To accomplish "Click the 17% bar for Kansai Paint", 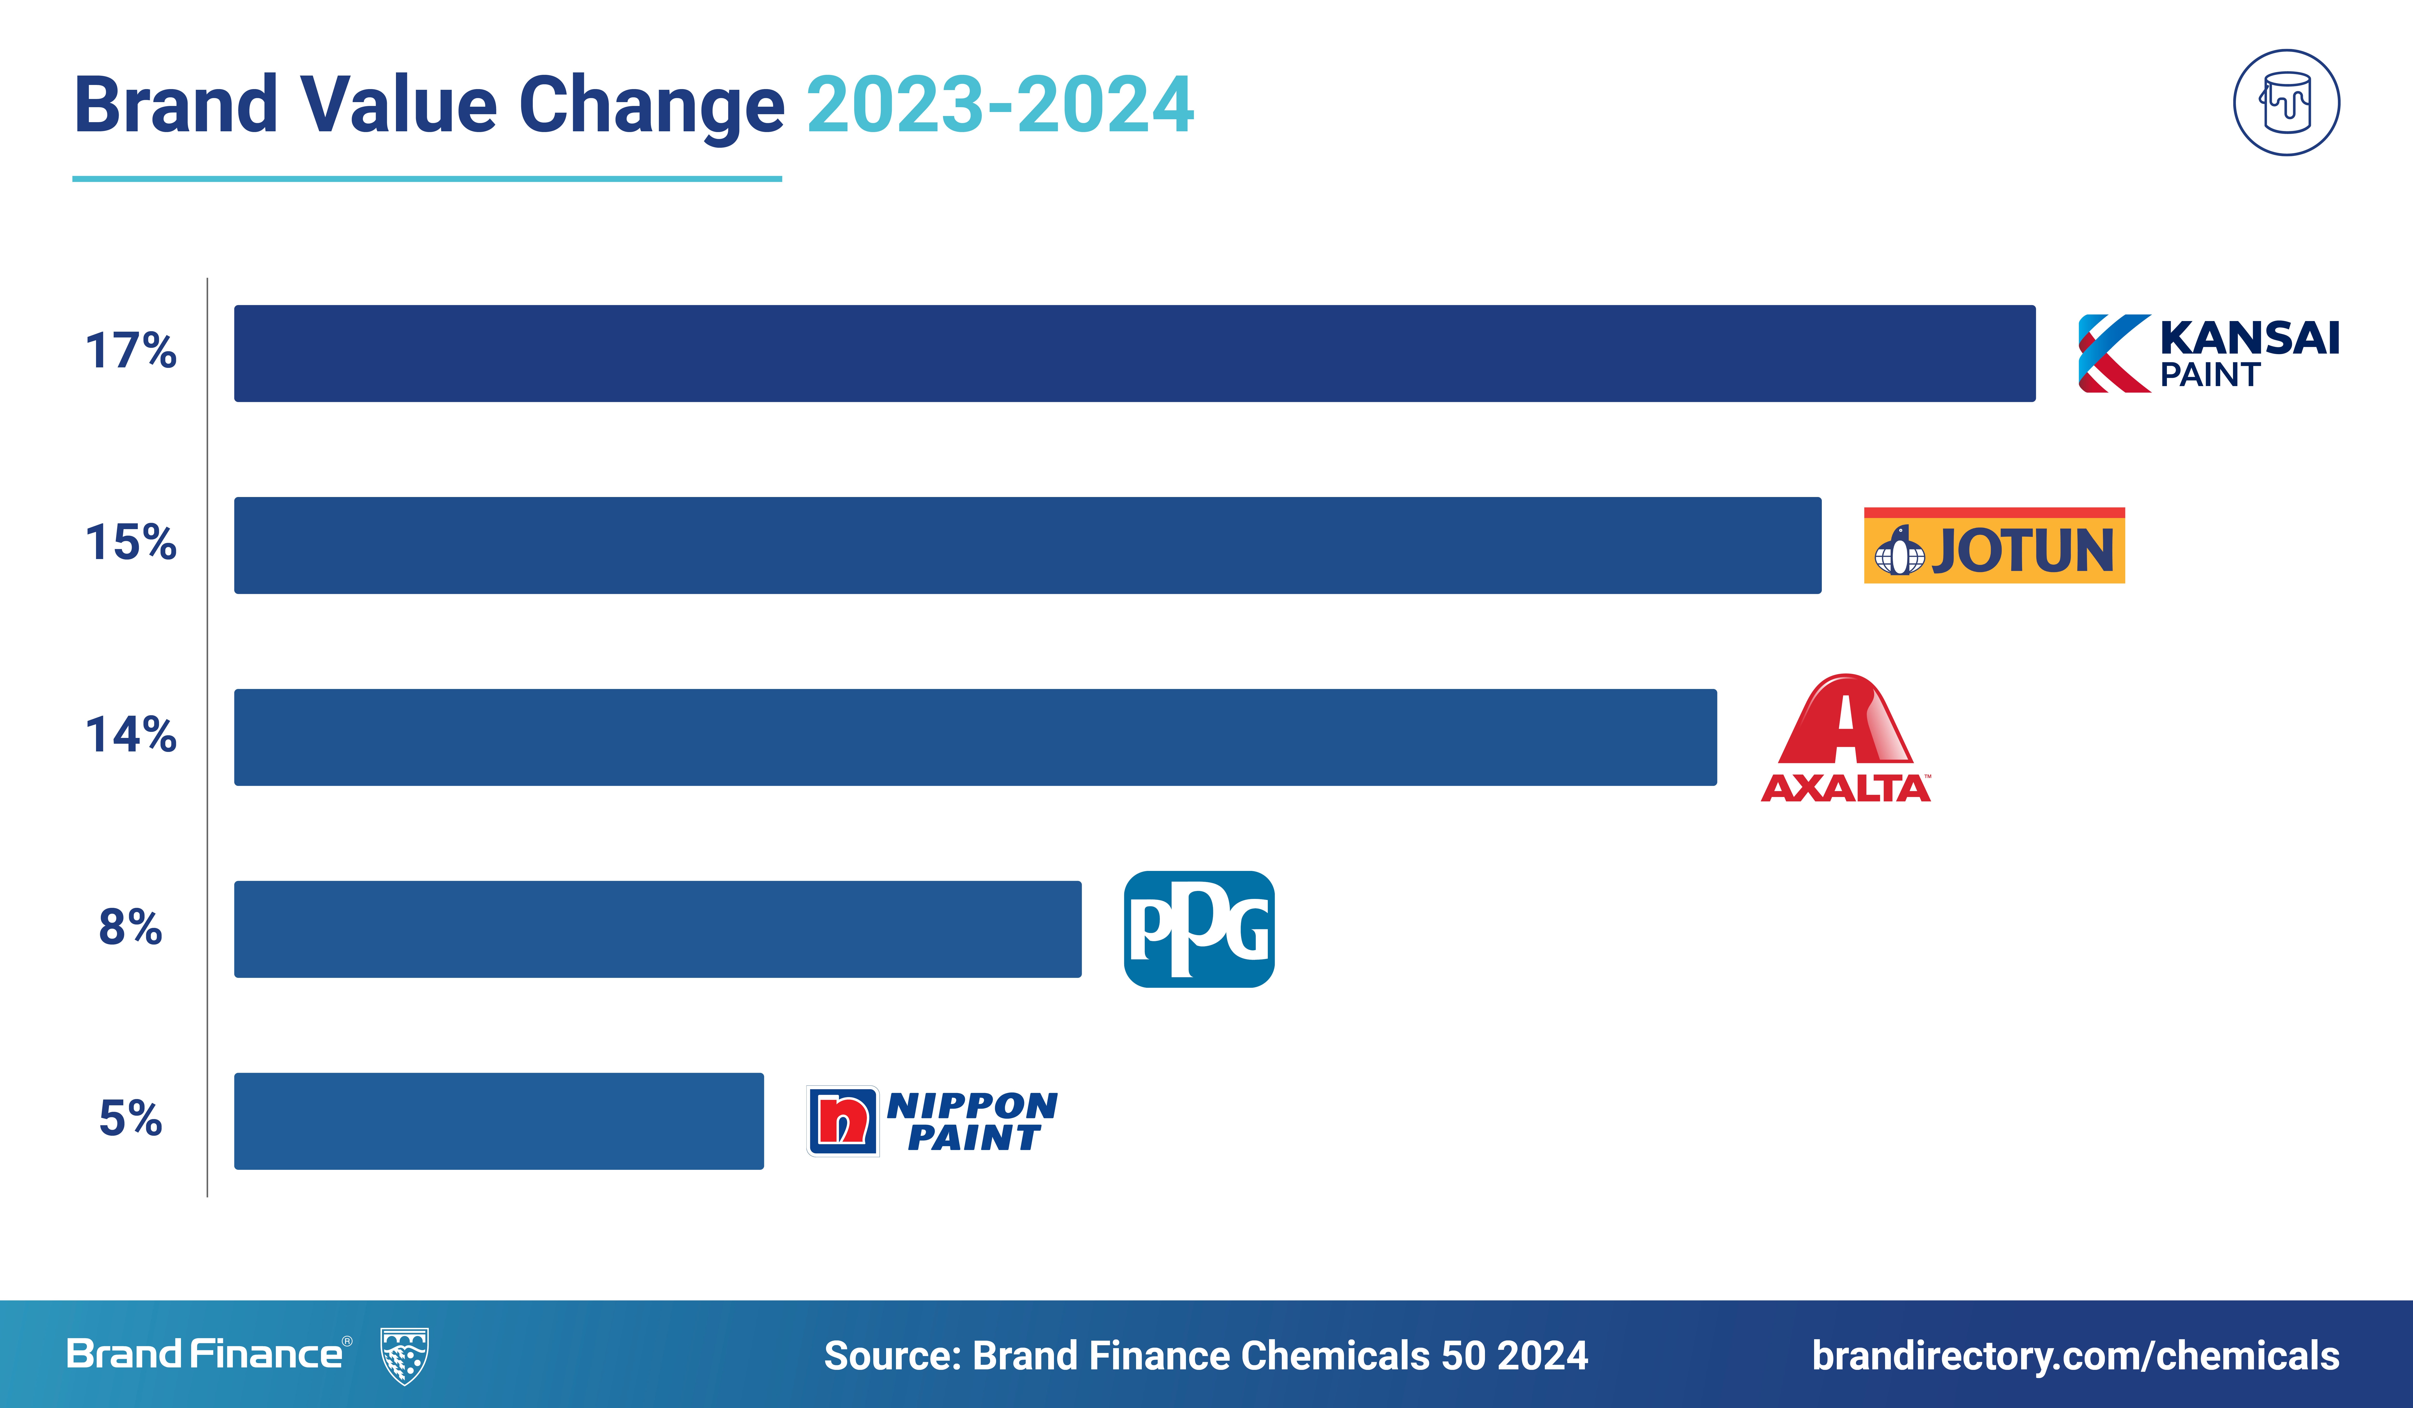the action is pyautogui.click(x=1135, y=353).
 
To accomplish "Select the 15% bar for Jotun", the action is pyautogui.click(x=1027, y=545).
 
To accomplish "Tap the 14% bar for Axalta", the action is pyautogui.click(x=976, y=737).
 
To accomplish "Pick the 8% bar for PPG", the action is pyautogui.click(x=658, y=929).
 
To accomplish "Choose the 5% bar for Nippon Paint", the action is pyautogui.click(x=499, y=1121).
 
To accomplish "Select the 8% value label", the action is pyautogui.click(x=131, y=927).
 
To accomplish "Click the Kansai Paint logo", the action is pyautogui.click(x=2208, y=353).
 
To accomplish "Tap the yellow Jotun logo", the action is pyautogui.click(x=1995, y=545).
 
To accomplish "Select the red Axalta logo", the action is pyautogui.click(x=1845, y=737).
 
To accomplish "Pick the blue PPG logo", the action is pyautogui.click(x=1199, y=929).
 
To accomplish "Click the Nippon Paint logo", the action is pyautogui.click(x=932, y=1121).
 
